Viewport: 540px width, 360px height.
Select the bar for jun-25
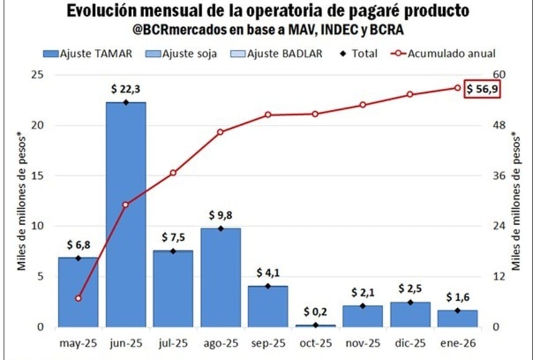point(126,214)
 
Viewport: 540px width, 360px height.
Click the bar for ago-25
point(221,277)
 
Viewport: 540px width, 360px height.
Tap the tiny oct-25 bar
point(315,325)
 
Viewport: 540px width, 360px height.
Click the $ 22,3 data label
point(126,89)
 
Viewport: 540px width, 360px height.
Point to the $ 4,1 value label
point(268,273)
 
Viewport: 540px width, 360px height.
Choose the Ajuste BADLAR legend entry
point(278,53)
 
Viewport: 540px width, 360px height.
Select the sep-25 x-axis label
point(268,343)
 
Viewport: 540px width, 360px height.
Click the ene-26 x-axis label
point(457,343)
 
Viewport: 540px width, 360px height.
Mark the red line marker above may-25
point(78,298)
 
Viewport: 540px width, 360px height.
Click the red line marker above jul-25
point(173,173)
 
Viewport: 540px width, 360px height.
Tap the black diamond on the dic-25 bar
point(410,302)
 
